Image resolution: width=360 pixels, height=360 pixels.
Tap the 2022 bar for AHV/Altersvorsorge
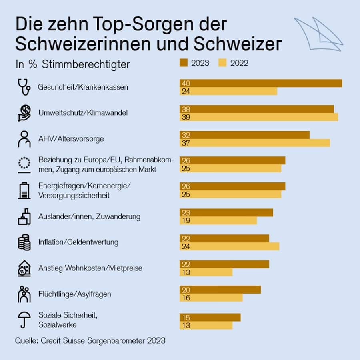[255, 143]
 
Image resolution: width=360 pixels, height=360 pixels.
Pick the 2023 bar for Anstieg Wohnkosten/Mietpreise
[224, 264]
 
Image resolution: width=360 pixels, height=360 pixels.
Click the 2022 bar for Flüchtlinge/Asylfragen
[211, 298]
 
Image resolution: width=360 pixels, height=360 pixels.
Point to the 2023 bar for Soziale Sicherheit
[210, 317]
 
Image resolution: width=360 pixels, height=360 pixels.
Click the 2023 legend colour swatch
[184, 63]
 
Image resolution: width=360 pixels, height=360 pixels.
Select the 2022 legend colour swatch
[222, 63]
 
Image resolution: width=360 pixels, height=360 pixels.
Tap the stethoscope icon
[24, 87]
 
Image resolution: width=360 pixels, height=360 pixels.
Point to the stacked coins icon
[24, 242]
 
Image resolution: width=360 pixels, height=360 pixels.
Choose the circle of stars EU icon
[24, 164]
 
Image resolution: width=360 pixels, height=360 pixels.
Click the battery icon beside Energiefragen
[24, 190]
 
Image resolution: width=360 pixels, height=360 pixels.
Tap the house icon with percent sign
[24, 268]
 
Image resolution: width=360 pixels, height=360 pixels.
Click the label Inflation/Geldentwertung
[78, 242]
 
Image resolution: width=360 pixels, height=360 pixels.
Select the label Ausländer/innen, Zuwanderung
[89, 216]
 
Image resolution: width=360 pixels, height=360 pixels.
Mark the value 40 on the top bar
[186, 83]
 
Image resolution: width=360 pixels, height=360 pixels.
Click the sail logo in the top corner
[318, 34]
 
